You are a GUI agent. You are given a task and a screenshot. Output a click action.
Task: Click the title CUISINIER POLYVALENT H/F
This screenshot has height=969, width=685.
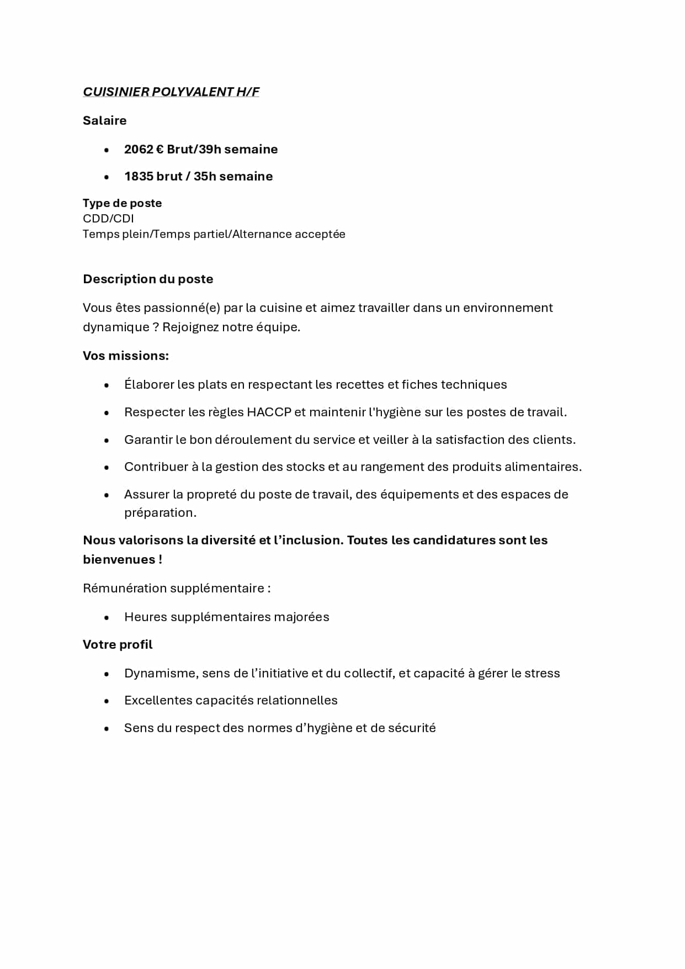pos(171,92)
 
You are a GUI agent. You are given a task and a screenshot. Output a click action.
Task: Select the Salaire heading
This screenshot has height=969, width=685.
pos(104,120)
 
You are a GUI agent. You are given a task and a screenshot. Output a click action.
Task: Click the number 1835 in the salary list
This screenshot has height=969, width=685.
pos(139,176)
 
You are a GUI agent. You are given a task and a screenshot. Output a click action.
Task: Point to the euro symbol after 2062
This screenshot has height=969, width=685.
pos(160,149)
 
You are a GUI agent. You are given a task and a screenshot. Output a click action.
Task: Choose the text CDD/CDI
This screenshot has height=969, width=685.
pos(108,218)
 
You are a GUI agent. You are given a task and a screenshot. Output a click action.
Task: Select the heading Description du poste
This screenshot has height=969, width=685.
pos(148,279)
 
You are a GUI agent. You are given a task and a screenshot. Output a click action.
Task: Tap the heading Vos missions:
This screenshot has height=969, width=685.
pos(126,356)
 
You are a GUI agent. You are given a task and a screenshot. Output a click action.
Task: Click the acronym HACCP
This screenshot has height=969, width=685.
pos(269,412)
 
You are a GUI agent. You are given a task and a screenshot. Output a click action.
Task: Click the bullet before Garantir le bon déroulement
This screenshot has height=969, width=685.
pos(107,440)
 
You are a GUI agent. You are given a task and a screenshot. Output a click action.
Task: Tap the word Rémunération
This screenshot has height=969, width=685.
pos(124,588)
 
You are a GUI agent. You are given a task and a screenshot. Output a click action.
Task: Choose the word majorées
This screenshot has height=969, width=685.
pos(304,617)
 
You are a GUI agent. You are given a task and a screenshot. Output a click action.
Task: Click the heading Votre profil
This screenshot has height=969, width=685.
pos(118,644)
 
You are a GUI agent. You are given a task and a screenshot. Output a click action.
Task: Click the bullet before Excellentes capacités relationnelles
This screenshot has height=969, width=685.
pos(107,701)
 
